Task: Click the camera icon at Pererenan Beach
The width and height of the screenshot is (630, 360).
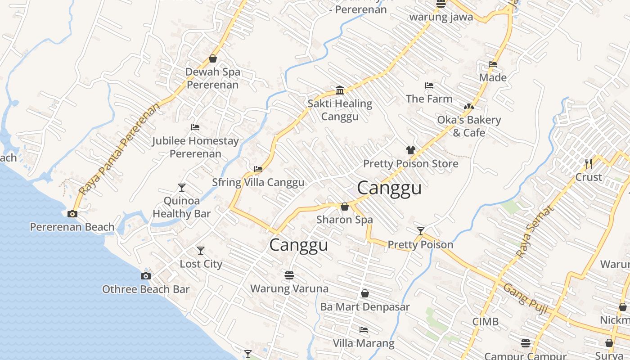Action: coord(72,214)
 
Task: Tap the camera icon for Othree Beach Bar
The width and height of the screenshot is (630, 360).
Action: coord(146,276)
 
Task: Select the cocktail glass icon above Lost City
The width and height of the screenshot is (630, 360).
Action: coord(201,250)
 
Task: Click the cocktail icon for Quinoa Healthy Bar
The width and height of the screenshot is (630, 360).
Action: coord(182,187)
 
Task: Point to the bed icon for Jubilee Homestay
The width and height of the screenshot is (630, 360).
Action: coord(195,127)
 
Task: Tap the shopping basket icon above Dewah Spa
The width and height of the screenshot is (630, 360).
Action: coord(213,58)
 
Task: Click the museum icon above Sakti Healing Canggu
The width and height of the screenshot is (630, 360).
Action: coord(340,90)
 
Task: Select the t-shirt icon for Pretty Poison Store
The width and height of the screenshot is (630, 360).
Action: coord(410,150)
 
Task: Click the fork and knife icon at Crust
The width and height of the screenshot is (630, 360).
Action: coord(588,163)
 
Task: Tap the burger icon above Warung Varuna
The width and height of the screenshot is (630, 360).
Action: coord(289,275)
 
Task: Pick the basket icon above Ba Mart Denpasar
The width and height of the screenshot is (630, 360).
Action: coord(365,293)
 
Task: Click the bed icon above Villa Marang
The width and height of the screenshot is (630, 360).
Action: coord(364,330)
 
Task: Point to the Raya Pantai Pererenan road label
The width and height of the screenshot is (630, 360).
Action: coord(119,149)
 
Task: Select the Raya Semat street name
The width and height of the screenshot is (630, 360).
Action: coord(534,232)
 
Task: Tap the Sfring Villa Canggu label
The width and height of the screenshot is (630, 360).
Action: coord(258,182)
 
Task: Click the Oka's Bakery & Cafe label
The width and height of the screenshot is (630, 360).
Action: coord(469,126)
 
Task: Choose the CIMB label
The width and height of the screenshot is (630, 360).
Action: coord(486,321)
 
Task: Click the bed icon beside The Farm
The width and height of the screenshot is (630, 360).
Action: coord(429,85)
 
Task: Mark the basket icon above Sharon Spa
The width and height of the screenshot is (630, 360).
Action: coord(345,207)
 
